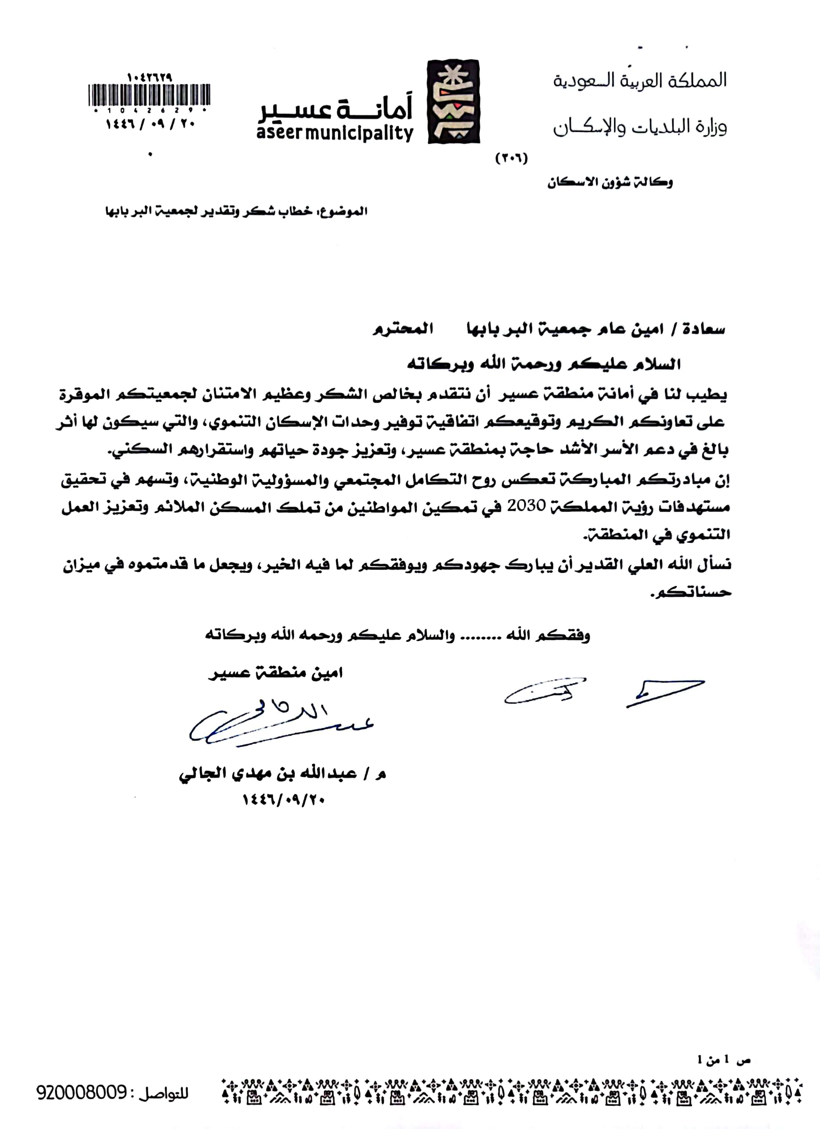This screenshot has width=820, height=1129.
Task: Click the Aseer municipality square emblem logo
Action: coord(454,102)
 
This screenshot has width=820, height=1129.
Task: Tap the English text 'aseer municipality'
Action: coord(335,133)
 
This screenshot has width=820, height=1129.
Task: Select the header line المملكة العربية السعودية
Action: coord(640,80)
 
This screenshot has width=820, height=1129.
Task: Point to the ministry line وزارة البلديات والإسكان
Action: coord(640,127)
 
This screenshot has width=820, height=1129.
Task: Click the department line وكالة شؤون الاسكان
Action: coord(610,183)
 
